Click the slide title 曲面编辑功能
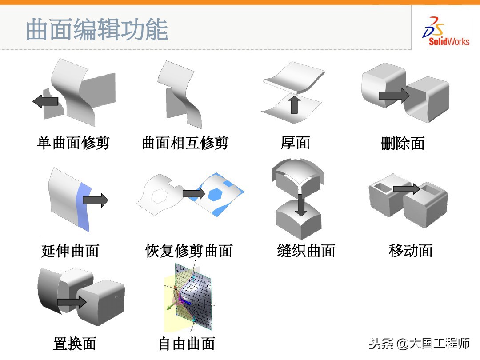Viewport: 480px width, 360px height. [97, 30]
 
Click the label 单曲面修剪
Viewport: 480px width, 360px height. [73, 143]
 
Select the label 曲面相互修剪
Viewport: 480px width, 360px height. [185, 143]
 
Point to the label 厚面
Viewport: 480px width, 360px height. [295, 143]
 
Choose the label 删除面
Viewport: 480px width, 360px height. [403, 143]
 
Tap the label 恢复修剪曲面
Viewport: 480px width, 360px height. [189, 251]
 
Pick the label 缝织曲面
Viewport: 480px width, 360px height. [306, 251]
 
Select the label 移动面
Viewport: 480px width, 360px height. [410, 251]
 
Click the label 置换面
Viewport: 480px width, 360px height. [75, 344]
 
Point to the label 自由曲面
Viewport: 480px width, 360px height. [187, 344]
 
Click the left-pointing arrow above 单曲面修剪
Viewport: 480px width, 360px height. [45, 101]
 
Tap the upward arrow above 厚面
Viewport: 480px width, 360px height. [293, 104]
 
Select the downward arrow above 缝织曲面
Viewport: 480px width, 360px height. [301, 205]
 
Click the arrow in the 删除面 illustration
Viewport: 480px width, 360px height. [393, 95]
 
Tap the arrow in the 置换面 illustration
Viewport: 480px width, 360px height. [72, 303]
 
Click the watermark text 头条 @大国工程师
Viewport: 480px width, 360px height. [419, 344]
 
